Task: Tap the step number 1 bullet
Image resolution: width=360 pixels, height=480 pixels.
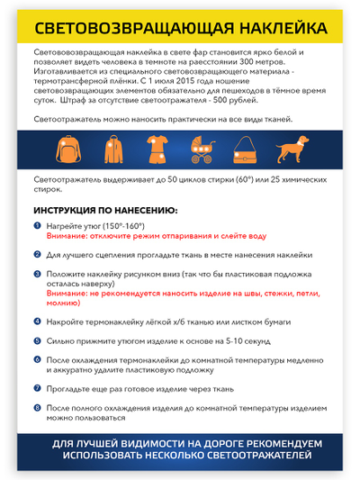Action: [37, 226]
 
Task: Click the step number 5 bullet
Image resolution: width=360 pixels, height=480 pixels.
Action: [37, 341]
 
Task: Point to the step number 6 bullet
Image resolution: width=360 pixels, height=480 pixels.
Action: [37, 359]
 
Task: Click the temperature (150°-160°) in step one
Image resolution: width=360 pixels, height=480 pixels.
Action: [125, 226]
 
